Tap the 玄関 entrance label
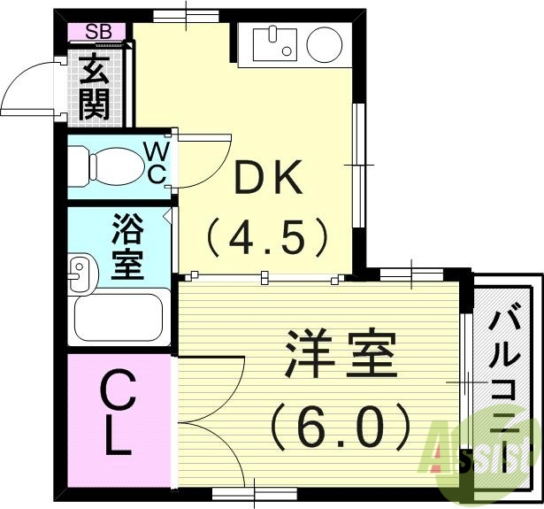(95, 87)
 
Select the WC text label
(156, 161)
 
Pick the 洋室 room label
(341, 354)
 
